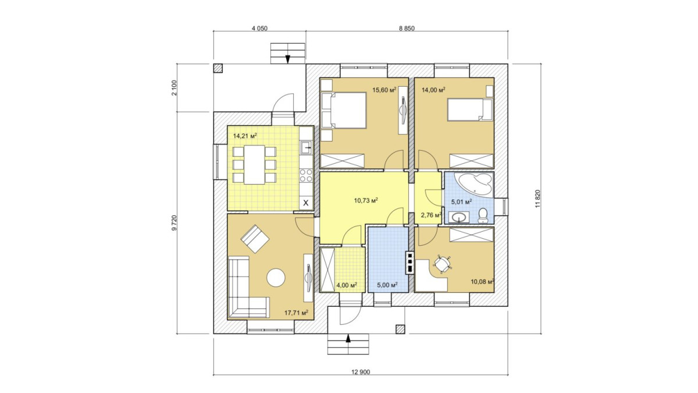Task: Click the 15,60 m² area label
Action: (384, 90)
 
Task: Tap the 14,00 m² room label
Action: (433, 90)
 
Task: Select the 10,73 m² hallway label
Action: (366, 200)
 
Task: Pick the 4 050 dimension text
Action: (259, 29)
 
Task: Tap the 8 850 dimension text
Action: (407, 29)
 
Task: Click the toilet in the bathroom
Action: (483, 215)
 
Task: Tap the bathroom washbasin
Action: (459, 217)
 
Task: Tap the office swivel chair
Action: (441, 264)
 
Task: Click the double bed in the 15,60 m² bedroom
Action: (343, 110)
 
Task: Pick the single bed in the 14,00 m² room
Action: (470, 110)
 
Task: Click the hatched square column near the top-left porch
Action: (218, 69)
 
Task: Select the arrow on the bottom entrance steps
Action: (348, 338)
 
